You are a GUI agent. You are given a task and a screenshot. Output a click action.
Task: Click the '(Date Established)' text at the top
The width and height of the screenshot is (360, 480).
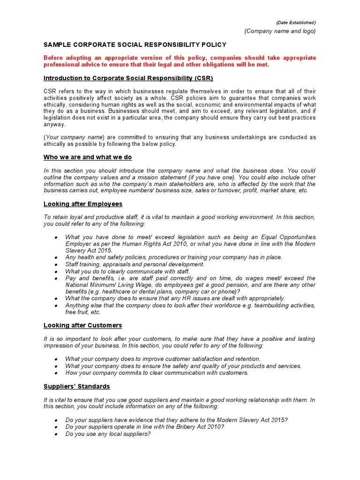295,22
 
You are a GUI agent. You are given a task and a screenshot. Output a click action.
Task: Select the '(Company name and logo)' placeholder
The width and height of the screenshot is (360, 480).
280,31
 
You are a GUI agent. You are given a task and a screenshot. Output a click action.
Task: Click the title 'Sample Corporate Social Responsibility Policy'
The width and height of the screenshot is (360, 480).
135,45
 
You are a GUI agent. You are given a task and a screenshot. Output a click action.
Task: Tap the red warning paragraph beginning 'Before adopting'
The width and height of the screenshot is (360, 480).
180,61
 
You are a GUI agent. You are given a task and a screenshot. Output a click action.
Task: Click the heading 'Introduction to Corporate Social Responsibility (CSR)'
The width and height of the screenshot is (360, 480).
131,78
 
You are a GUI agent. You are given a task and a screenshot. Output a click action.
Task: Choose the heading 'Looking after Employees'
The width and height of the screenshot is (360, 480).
83,204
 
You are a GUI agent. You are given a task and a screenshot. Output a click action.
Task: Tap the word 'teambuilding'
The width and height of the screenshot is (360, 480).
272,305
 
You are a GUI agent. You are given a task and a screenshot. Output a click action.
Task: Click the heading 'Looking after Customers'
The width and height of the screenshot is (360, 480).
82,325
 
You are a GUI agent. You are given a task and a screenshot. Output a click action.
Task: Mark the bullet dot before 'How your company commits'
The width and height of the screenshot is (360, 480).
56,373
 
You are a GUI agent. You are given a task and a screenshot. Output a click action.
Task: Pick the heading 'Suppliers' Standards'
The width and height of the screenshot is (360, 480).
77,386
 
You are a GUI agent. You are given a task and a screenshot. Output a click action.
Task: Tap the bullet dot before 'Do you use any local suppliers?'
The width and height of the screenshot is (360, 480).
56,434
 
